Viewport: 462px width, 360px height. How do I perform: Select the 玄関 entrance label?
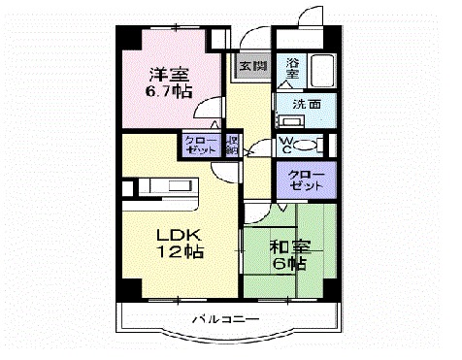click(x=250, y=66)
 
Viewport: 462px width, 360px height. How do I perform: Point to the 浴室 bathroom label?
click(x=294, y=70)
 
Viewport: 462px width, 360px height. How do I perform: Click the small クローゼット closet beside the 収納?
click(x=202, y=146)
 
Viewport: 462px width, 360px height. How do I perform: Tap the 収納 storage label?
click(x=232, y=146)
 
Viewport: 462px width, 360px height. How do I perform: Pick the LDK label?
click(x=176, y=234)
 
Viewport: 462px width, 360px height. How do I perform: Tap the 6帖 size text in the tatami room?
click(x=288, y=263)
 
